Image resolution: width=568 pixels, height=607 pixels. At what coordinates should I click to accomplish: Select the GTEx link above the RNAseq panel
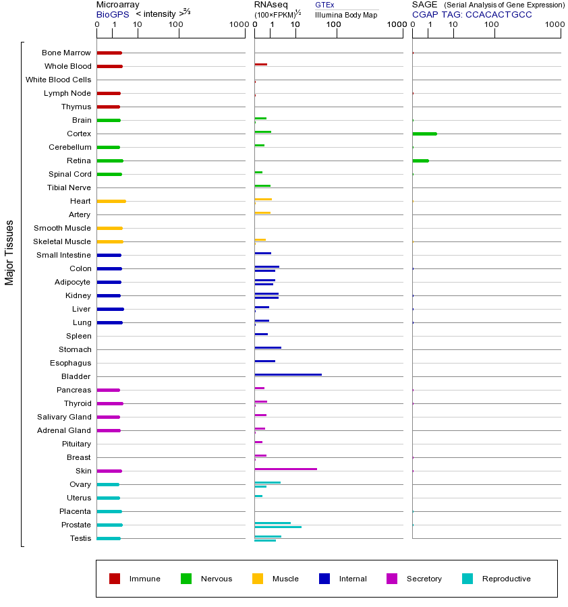coord(324,5)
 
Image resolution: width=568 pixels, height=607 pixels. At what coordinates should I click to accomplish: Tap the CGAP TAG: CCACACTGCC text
coord(472,14)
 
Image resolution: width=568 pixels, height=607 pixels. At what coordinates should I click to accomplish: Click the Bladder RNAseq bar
coord(288,374)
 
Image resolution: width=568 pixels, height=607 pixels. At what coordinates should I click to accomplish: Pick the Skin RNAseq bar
coord(285,469)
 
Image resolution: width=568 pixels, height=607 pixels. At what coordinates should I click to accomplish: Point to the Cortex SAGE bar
coord(424,134)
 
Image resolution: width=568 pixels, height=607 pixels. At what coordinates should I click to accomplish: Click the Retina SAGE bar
coord(420,161)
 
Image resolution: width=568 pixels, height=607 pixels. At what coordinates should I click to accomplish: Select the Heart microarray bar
coord(111,201)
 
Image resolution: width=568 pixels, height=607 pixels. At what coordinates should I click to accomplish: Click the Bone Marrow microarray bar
coord(109,53)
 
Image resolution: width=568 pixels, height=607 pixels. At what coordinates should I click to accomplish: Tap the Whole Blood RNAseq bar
coord(260,64)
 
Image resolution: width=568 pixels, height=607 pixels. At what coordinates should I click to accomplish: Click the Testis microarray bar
coord(109,538)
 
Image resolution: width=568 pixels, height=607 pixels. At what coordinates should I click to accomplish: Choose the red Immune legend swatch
coord(115,579)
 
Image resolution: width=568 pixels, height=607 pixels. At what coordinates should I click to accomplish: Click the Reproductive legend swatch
coord(467,579)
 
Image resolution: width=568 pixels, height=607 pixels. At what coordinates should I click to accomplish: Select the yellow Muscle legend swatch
coord(258,579)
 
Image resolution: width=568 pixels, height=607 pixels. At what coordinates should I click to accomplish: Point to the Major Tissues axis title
coord(9,252)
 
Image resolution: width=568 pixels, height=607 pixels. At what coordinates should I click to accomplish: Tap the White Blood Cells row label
coord(58,80)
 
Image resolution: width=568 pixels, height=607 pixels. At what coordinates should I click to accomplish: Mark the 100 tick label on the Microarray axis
coord(175,25)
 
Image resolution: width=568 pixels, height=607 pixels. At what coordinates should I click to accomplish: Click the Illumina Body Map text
coord(346,14)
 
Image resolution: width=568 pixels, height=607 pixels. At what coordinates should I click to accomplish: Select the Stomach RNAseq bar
coord(268,347)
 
